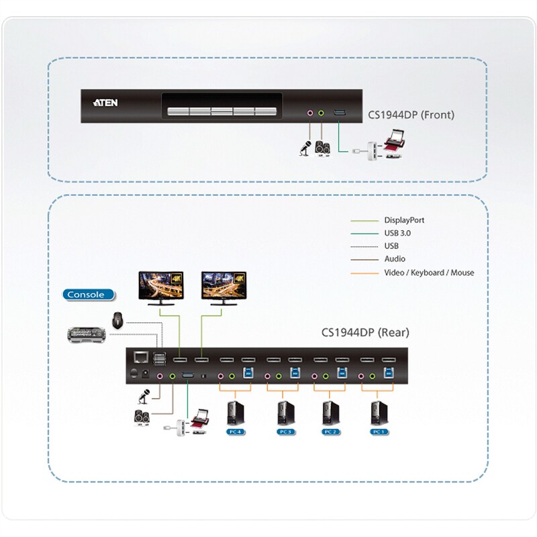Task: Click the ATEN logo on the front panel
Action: [x=105, y=103]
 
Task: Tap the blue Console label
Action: [x=89, y=295]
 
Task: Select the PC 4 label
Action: [x=236, y=432]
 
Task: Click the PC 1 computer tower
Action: [x=379, y=413]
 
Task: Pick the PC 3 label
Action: [x=286, y=432]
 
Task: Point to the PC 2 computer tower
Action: [x=331, y=413]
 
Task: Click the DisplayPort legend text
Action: [x=404, y=220]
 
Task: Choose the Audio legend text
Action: [x=395, y=259]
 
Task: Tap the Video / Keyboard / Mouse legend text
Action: [x=429, y=273]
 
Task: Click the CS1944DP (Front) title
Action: [x=411, y=115]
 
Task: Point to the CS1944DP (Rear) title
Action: [x=365, y=332]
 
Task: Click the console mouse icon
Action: [x=117, y=320]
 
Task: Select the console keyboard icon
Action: [x=87, y=334]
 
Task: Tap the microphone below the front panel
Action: [x=305, y=148]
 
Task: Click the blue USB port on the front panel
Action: [x=340, y=112]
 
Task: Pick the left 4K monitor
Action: [x=161, y=288]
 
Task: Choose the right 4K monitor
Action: [x=224, y=288]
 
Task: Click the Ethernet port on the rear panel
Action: [x=141, y=357]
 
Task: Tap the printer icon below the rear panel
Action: [x=199, y=418]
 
